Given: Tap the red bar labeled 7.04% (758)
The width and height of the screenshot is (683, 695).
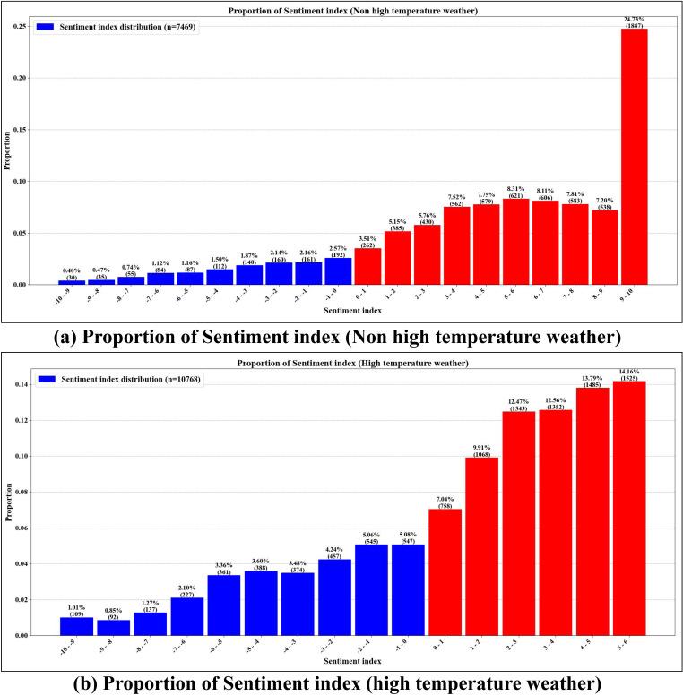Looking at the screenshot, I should tap(445, 572).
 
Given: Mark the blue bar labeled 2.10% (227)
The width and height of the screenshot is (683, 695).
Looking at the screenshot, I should tap(186, 616).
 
